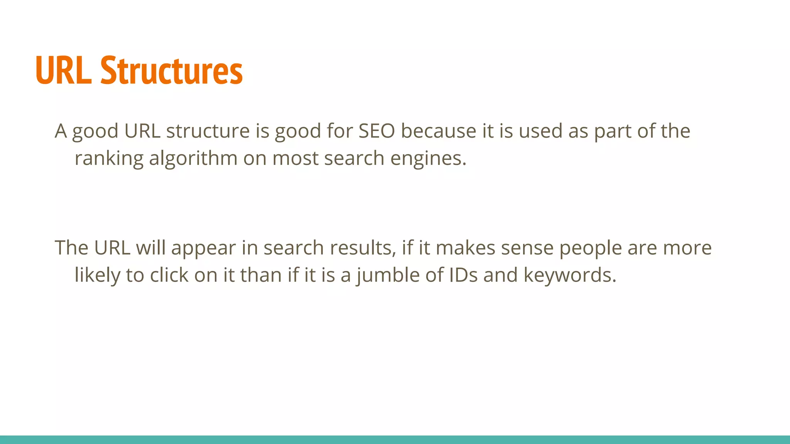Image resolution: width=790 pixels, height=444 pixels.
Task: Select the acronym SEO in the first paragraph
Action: coord(376,131)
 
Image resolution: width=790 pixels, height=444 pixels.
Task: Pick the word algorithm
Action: coord(193,159)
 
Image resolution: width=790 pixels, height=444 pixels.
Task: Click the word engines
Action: coord(428,159)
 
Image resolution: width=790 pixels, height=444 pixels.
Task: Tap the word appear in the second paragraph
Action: coord(203,248)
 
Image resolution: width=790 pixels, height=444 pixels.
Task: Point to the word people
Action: coord(591,248)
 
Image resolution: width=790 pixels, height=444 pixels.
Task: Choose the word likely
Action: coord(97,275)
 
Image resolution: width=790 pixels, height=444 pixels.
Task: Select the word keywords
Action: coord(570,275)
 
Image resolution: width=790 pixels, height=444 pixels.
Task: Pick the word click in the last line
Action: coord(169,275)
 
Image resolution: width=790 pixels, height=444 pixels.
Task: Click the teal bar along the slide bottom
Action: coord(395,439)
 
